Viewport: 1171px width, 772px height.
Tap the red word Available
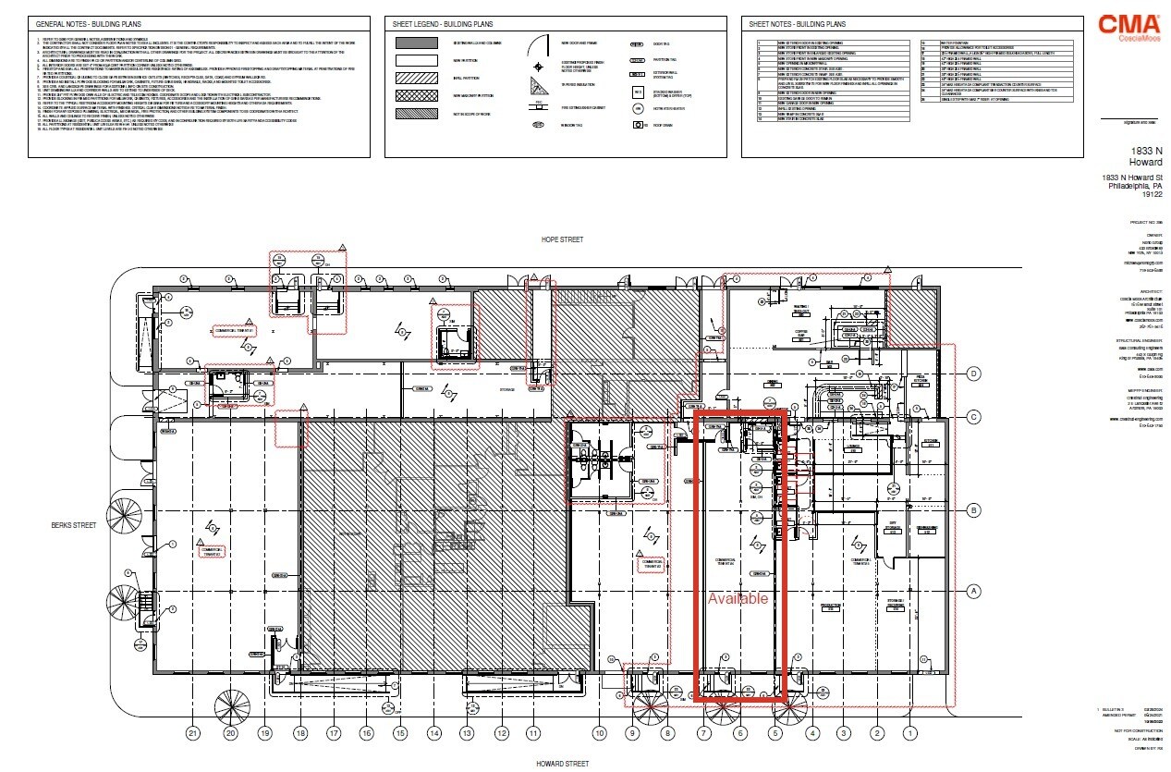pyautogui.click(x=738, y=599)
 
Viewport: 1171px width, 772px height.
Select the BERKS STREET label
pyautogui.click(x=73, y=525)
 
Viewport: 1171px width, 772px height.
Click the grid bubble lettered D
pyautogui.click(x=973, y=374)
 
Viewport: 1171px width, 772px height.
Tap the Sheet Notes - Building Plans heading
pyautogui.click(x=797, y=23)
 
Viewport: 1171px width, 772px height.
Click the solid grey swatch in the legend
pyautogui.click(x=417, y=43)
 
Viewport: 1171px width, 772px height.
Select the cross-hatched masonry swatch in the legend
pyautogui.click(x=417, y=94)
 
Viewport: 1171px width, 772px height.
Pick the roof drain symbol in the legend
pyautogui.click(x=637, y=124)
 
